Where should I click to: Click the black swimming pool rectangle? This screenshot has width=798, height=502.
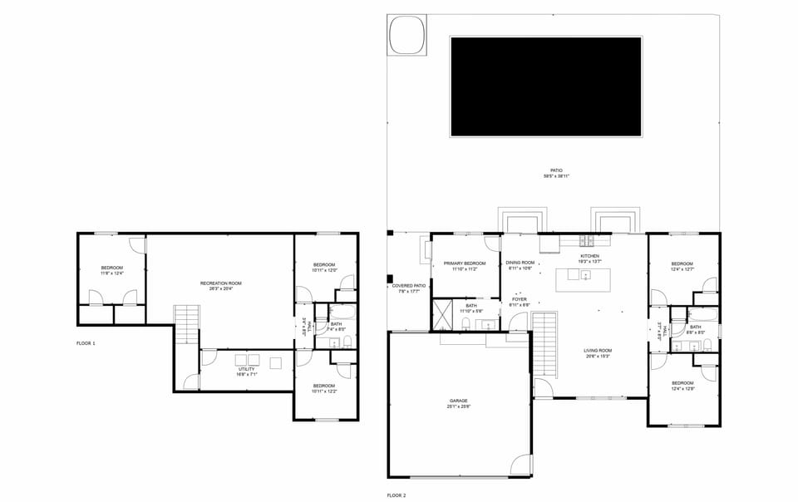545,86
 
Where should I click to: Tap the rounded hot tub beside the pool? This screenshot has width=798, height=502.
407,34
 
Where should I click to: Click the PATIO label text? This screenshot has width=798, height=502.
556,170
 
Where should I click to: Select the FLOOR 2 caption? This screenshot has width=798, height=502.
397,495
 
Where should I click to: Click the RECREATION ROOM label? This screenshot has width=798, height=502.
220,283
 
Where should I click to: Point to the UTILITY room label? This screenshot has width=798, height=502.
247,369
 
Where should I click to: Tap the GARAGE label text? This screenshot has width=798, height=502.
459,401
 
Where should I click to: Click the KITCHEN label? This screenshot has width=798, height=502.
589,256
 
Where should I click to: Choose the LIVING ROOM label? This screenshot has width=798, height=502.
598,351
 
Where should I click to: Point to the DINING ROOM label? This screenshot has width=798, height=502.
520,263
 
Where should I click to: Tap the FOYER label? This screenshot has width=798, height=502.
520,299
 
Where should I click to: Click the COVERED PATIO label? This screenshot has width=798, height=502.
408,286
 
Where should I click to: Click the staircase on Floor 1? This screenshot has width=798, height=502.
187,324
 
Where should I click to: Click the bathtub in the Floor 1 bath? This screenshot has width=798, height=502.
342,313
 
